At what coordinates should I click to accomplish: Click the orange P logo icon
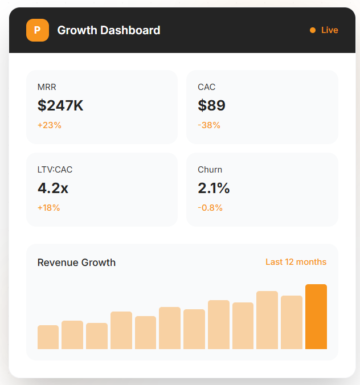pos(37,30)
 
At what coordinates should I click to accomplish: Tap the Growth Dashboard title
pos(109,30)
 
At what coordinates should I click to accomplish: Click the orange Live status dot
pos(313,30)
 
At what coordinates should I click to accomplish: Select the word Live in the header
pos(329,30)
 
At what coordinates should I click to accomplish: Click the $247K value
pos(60,105)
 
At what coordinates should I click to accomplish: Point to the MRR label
pos(47,87)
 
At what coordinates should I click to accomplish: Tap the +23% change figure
pos(50,125)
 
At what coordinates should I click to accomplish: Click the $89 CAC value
pos(212,105)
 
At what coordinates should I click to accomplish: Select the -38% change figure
pos(209,125)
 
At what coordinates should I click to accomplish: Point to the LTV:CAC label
pos(55,170)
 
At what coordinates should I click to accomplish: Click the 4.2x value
pos(53,188)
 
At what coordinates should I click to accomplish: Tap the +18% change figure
pos(49,208)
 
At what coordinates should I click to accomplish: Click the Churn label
pos(210,170)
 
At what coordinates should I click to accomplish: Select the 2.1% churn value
pos(214,188)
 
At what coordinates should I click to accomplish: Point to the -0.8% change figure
pos(210,208)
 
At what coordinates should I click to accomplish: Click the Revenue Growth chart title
pos(76,263)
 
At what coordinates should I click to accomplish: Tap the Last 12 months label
pos(296,262)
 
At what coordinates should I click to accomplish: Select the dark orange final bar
pos(316,317)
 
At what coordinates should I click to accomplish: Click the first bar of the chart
pos(48,337)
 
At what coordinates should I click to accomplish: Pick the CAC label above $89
pos(207,87)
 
